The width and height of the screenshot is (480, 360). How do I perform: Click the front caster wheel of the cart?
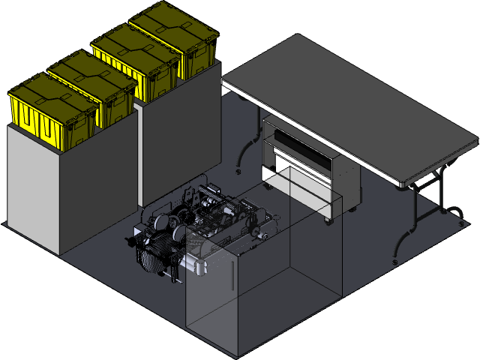click(x=328, y=220)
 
